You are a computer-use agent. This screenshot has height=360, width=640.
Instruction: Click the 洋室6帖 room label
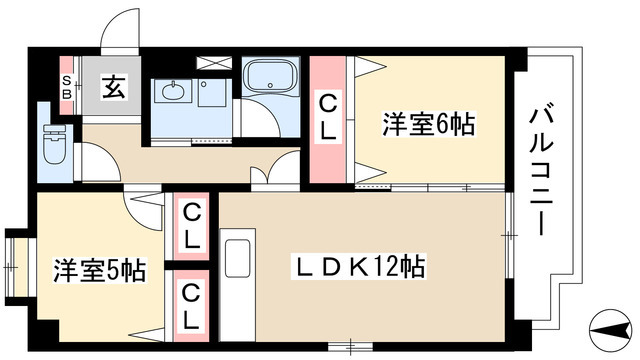pos(428,126)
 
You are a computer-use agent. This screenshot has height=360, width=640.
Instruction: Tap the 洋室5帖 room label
pos(99,270)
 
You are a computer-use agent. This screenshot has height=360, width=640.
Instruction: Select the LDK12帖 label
pos(359,267)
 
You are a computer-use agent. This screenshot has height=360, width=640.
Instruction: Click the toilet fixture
pos(55,149)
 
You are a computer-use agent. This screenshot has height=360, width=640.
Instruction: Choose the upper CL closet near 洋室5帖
pos(193,227)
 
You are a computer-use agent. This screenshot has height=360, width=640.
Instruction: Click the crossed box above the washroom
pos(215,61)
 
